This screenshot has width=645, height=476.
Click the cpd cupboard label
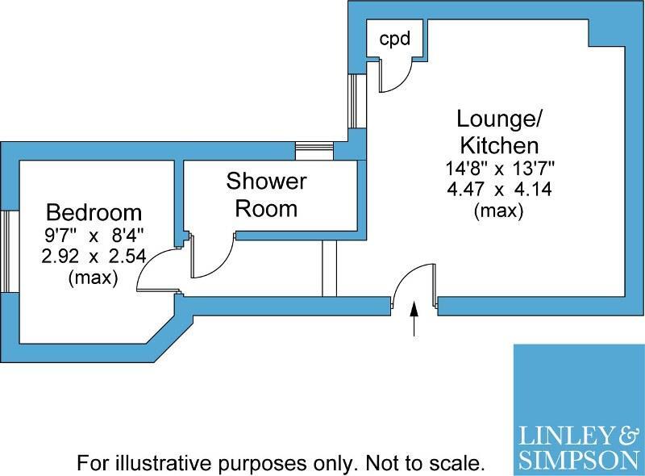coord(395,38)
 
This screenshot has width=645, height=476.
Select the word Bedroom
coord(94,213)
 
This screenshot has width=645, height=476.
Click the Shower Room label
coord(266,194)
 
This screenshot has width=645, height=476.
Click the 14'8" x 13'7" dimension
coord(499,170)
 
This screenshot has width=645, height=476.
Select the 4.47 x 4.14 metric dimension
coord(499,190)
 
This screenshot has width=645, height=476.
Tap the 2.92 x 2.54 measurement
coord(94,258)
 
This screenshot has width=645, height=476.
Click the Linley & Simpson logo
coord(579,409)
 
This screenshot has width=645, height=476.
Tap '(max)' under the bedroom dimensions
coord(94,278)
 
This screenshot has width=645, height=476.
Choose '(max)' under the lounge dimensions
coord(499,211)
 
